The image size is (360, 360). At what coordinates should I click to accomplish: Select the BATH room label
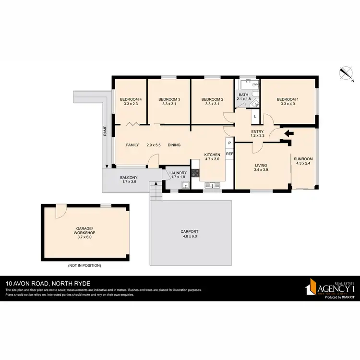tap(244, 95)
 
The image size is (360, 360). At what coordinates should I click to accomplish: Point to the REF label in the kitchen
tap(229, 154)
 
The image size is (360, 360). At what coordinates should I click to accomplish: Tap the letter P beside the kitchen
tap(229, 143)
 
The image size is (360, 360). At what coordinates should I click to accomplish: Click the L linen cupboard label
tap(255, 117)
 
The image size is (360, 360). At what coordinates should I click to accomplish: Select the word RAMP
tap(104, 131)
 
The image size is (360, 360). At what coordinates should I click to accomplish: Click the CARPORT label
tap(189, 231)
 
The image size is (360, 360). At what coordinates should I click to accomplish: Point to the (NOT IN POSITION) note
tap(84, 265)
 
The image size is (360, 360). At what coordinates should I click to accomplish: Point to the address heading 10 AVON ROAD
tap(34, 283)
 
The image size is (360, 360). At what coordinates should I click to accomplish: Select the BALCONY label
tap(129, 178)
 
